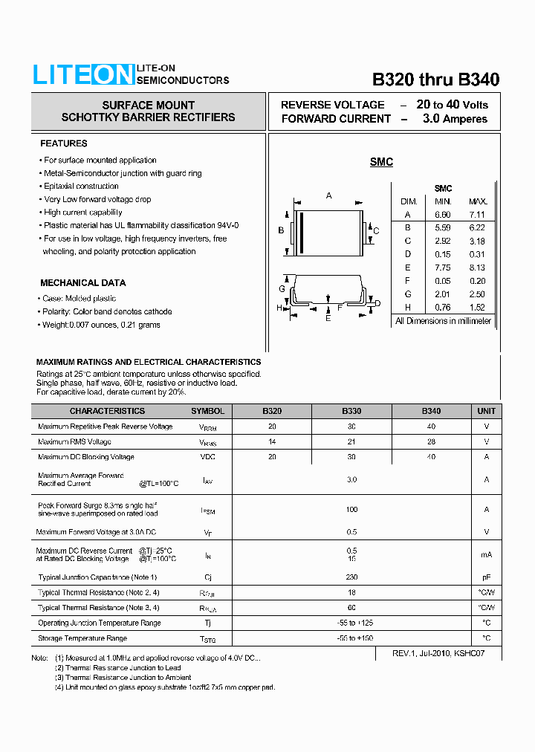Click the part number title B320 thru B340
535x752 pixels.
click(x=435, y=80)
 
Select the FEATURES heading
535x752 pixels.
click(x=63, y=143)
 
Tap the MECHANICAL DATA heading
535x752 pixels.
click(x=82, y=283)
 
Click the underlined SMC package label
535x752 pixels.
click(x=381, y=162)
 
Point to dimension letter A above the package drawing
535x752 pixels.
click(x=329, y=196)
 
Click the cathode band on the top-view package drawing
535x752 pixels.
click(x=301, y=230)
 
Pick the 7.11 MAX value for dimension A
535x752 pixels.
click(x=478, y=215)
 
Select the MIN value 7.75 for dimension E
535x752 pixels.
click(x=443, y=268)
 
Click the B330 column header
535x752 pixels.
click(x=351, y=411)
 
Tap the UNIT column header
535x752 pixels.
click(x=486, y=411)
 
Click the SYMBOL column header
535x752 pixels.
click(x=207, y=411)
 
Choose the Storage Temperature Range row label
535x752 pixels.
click(x=82, y=638)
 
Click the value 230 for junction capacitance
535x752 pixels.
click(x=351, y=577)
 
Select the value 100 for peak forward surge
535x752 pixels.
click(x=351, y=510)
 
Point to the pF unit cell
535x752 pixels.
click(x=486, y=577)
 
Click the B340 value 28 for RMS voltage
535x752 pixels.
click(x=431, y=442)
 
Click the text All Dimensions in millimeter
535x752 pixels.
click(x=443, y=321)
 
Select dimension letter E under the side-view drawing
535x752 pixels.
click(x=328, y=318)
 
